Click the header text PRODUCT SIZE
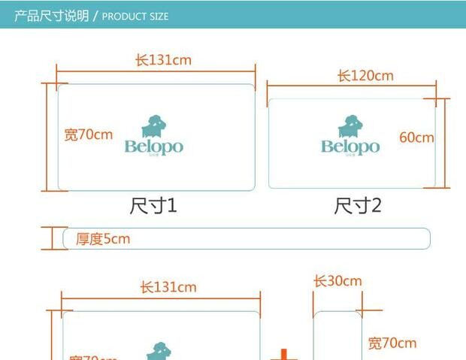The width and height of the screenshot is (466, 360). tap(135, 16)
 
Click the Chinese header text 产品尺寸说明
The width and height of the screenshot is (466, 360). tap(52, 15)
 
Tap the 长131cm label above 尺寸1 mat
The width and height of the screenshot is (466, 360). tap(163, 60)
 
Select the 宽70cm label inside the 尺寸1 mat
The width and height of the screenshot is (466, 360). tap(89, 135)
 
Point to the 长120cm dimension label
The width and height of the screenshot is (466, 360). tap(365, 76)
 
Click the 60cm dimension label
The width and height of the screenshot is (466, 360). tap(416, 138)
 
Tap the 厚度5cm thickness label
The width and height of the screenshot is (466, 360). tap(103, 239)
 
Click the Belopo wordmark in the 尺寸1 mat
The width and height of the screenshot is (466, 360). tap(153, 147)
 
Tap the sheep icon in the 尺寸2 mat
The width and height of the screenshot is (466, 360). tap(349, 126)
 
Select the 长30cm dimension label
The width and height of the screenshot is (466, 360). tap(337, 281)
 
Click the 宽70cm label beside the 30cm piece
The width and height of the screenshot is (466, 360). tap(392, 343)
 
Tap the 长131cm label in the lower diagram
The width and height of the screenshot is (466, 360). tap(168, 287)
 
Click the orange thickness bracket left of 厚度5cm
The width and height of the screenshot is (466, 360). tap(51, 238)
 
